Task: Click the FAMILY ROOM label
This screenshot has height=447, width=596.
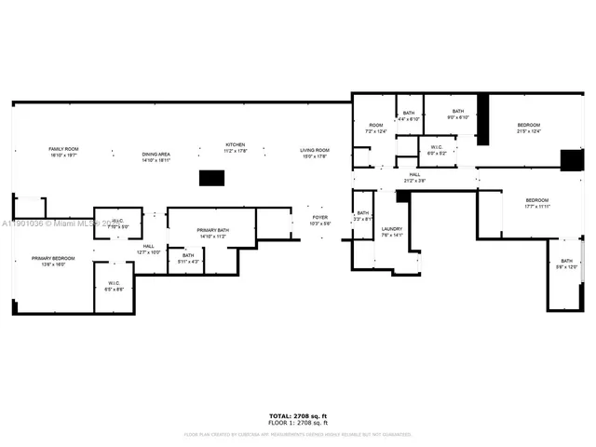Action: click(63, 150)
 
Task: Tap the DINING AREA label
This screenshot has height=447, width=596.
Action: click(156, 155)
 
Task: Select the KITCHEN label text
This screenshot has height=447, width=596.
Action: click(235, 144)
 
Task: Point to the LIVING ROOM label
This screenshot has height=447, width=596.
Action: click(314, 150)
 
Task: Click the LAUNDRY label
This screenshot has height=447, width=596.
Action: click(391, 229)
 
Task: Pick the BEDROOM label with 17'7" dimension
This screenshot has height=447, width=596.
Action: click(536, 201)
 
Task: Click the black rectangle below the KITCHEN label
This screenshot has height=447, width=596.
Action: click(212, 178)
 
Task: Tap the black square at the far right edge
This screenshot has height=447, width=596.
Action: click(570, 159)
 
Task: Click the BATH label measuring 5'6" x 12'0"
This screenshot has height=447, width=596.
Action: click(566, 262)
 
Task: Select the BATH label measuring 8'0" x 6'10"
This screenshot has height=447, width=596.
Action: click(457, 112)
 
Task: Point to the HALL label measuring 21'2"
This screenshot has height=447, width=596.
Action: click(413, 174)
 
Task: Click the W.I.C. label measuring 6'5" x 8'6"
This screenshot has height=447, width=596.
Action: click(114, 283)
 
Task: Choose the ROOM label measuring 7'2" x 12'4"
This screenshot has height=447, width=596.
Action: click(375, 126)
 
